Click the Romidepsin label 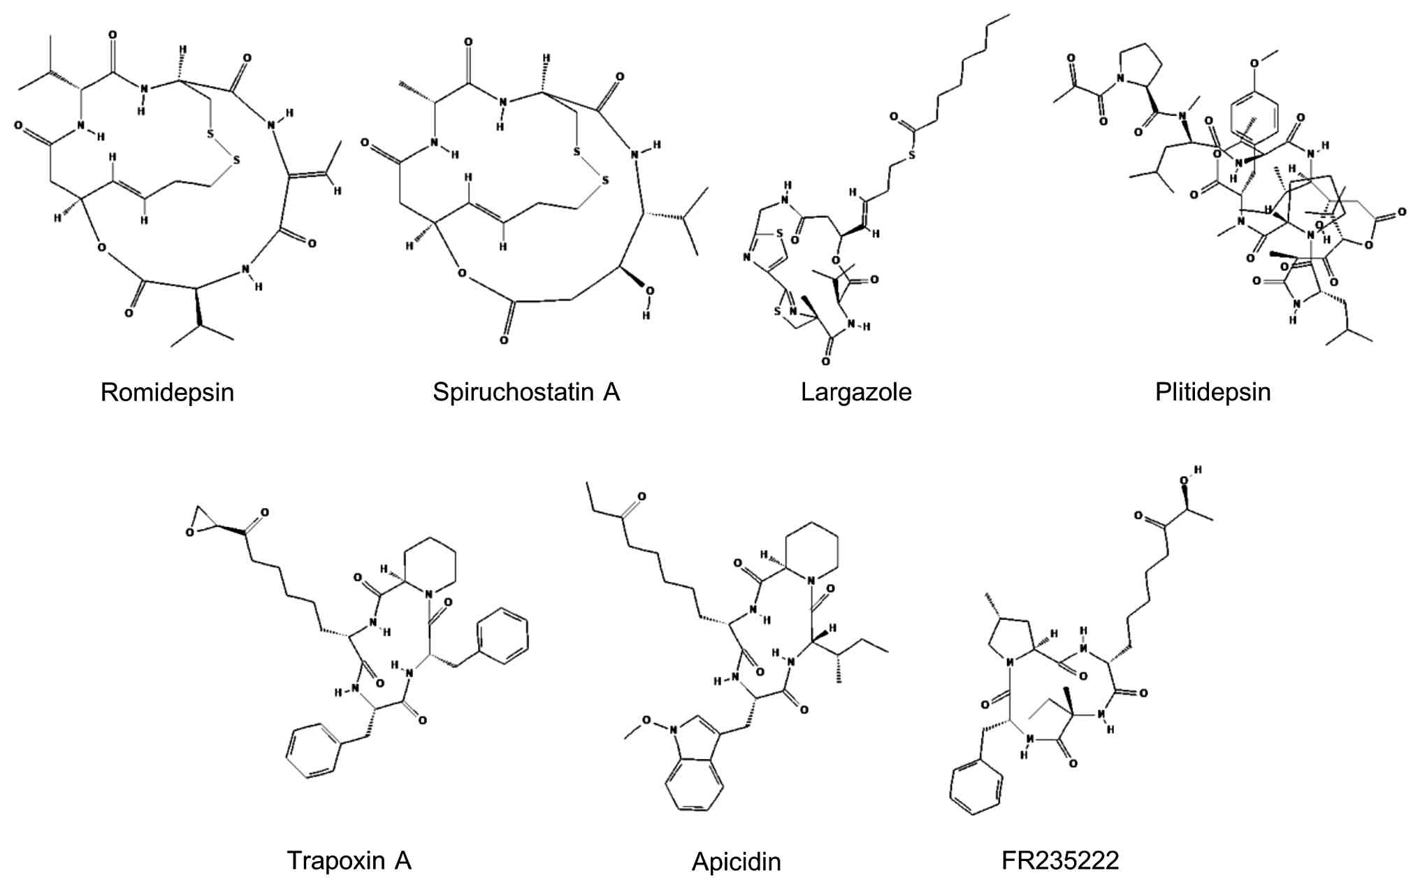tap(167, 392)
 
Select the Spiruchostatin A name tap(526, 392)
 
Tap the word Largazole tap(856, 392)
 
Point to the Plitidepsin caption tap(1212, 392)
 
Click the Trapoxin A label tap(349, 860)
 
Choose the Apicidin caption tap(736, 862)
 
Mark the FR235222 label tap(1059, 860)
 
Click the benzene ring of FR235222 tap(976, 787)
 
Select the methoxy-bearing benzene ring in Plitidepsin tap(1254, 116)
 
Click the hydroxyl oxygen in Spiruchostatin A tap(649, 291)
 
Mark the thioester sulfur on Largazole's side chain tap(911, 155)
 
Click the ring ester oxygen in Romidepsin tap(102, 247)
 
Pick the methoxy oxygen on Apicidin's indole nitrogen tap(646, 720)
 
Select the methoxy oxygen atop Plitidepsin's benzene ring tap(1254, 64)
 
